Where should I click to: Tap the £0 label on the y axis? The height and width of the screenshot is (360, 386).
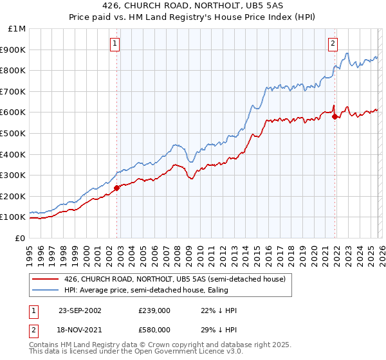point(21,238)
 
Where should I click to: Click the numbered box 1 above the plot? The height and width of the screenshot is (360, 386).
point(115,44)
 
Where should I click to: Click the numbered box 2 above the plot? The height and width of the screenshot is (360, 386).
point(333,44)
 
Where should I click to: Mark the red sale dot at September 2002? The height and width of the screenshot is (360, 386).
point(117,188)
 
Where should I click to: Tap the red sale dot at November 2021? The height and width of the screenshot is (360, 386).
point(335,116)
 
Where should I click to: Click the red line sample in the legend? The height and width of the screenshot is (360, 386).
point(46,278)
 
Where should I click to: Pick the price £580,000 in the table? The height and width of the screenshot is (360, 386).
point(154,331)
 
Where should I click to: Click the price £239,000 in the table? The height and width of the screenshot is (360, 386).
point(154,310)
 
